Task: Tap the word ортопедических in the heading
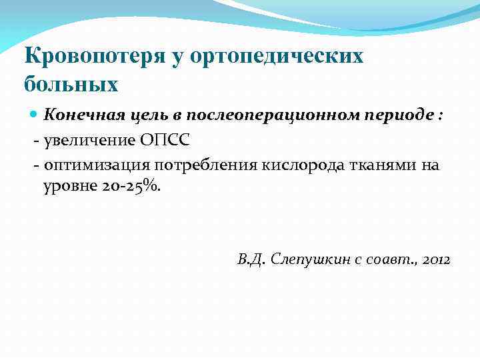(x=277, y=56)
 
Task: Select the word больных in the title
(x=71, y=85)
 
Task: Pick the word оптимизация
(x=96, y=165)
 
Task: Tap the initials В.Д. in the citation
(x=251, y=259)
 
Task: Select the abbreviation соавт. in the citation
(x=391, y=259)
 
